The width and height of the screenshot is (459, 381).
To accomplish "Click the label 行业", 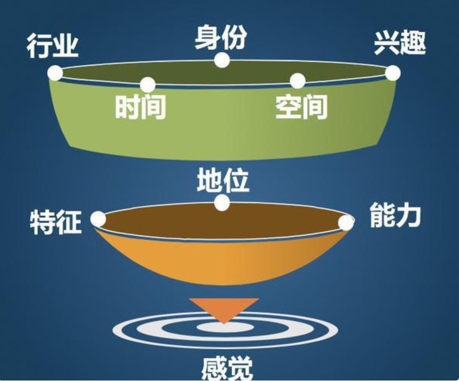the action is tap(53, 47).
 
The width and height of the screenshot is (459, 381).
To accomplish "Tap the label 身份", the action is tap(221, 37).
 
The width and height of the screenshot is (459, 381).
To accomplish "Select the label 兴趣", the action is tap(400, 44).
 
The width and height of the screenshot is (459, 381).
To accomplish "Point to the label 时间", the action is tap(140, 107).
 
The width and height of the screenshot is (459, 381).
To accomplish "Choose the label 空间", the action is tap(301, 107).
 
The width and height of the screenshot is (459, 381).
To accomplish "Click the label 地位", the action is tap(223, 181).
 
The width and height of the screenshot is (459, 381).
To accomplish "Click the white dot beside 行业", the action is tap(55, 73).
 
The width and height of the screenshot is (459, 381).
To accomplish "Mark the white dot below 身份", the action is tap(222, 60).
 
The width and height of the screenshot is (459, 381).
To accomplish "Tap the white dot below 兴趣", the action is tap(393, 73).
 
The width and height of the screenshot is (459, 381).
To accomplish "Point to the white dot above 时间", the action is tap(147, 85).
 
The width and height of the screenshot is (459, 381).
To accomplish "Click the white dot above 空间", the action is tap(297, 81).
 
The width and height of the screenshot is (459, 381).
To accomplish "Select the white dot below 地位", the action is tap(222, 203).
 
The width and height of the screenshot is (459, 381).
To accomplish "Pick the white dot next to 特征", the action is tap(98, 219).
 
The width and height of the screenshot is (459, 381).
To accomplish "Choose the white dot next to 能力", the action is tap(346, 223).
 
